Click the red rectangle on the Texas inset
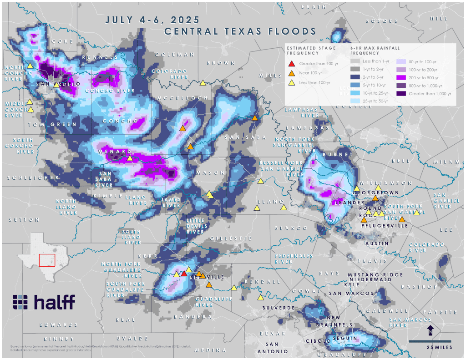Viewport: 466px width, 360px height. click(x=47, y=260)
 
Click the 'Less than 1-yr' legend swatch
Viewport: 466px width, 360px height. click(x=355, y=61)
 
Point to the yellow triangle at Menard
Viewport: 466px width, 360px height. click(x=130, y=158)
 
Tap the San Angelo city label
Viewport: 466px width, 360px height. click(x=58, y=84)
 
